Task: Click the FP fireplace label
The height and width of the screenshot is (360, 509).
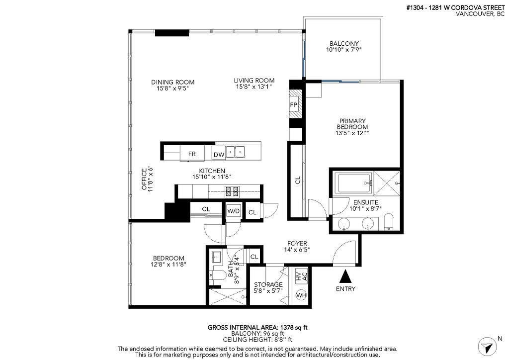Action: click(294, 105)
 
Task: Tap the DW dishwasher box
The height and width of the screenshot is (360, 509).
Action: click(219, 155)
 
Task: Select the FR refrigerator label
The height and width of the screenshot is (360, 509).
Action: click(192, 154)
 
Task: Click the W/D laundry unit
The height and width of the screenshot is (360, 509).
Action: click(234, 211)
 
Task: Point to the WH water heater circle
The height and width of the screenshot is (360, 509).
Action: click(301, 295)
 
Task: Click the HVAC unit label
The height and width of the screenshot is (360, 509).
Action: click(302, 276)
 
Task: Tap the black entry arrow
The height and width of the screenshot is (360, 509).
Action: click(345, 276)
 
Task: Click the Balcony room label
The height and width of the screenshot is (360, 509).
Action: click(344, 43)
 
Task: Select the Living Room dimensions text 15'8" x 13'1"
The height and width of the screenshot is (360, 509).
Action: click(254, 87)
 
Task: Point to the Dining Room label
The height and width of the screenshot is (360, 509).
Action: click(172, 82)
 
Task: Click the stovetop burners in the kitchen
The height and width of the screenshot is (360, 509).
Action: click(233, 191)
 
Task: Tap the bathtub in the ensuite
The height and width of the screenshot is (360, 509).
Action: click(353, 183)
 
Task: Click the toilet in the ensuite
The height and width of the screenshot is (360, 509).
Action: click(388, 222)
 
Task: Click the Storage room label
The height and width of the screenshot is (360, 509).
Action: click(268, 285)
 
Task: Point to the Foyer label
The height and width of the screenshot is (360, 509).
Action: click(297, 244)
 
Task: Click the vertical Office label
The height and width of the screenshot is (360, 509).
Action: click(144, 179)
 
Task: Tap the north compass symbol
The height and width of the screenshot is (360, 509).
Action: click(488, 347)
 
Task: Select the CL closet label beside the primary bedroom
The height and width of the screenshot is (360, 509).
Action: click(298, 180)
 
